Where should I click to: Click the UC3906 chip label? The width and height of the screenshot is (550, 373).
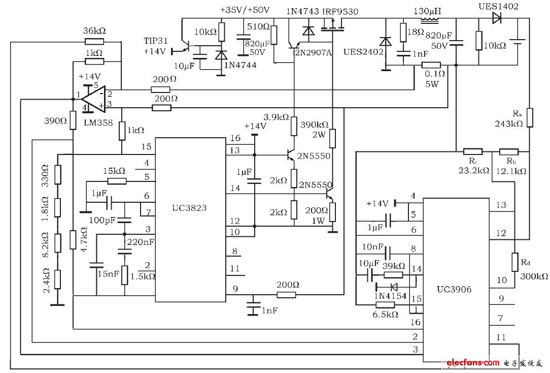(455, 289)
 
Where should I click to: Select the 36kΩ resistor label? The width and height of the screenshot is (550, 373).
(94, 31)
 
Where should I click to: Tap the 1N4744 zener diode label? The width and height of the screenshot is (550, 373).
(242, 66)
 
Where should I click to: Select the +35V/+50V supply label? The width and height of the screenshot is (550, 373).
(245, 10)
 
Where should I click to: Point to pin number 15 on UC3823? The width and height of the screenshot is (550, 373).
(146, 146)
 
